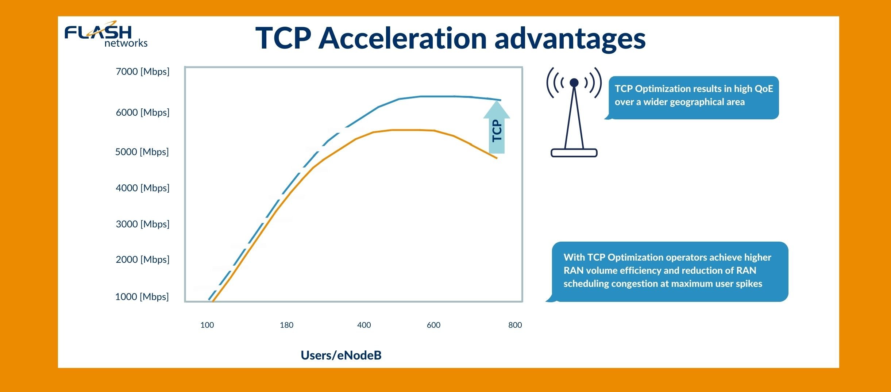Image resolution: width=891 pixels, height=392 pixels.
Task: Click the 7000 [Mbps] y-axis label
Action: click(142, 72)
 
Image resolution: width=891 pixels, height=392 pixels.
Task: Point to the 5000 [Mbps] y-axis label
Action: click(142, 152)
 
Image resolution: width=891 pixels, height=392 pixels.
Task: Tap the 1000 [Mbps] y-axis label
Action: click(142, 297)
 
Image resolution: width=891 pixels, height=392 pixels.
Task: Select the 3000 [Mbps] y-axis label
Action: click(142, 224)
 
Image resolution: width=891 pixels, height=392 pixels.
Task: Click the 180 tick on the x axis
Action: click(286, 325)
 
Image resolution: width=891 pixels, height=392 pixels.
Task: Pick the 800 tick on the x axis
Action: click(515, 325)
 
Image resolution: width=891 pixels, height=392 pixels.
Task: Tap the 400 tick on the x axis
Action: click(364, 325)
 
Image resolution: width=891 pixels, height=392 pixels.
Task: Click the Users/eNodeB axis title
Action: click(341, 355)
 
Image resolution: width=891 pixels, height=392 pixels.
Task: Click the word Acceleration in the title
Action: click(402, 38)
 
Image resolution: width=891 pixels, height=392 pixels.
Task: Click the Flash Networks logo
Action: click(106, 35)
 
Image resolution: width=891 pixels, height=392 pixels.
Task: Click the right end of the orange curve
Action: click(496, 158)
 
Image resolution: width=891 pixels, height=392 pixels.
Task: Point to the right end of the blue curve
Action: click(500, 100)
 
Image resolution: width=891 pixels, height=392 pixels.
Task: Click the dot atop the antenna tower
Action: click(574, 83)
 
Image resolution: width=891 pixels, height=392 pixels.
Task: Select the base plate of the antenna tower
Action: click(574, 153)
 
